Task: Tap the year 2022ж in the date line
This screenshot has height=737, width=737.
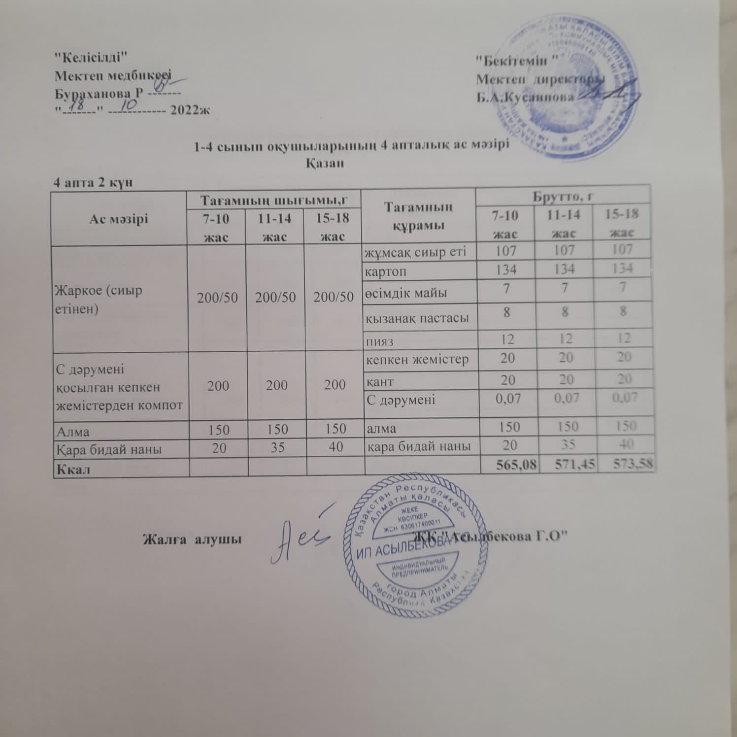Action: click(190, 109)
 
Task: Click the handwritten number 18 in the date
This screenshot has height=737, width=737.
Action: click(77, 105)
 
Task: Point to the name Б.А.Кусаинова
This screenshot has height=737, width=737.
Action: click(525, 97)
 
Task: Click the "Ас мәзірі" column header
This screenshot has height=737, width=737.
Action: click(119, 219)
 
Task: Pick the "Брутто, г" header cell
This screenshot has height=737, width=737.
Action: click(563, 196)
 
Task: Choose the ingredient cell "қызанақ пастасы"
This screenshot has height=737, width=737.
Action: click(417, 318)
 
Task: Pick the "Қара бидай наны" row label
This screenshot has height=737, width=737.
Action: click(109, 449)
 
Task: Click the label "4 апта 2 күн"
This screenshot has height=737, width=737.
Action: click(93, 182)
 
